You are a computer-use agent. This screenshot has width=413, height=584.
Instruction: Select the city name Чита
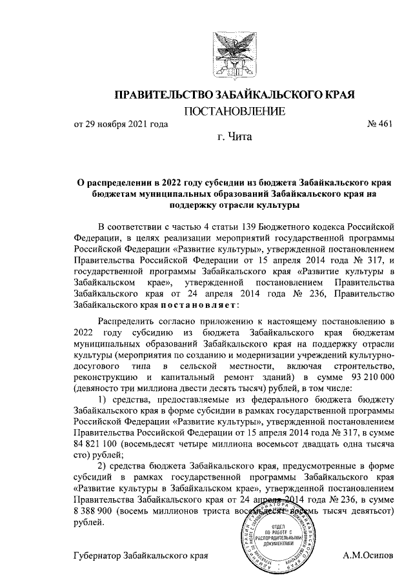240,137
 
